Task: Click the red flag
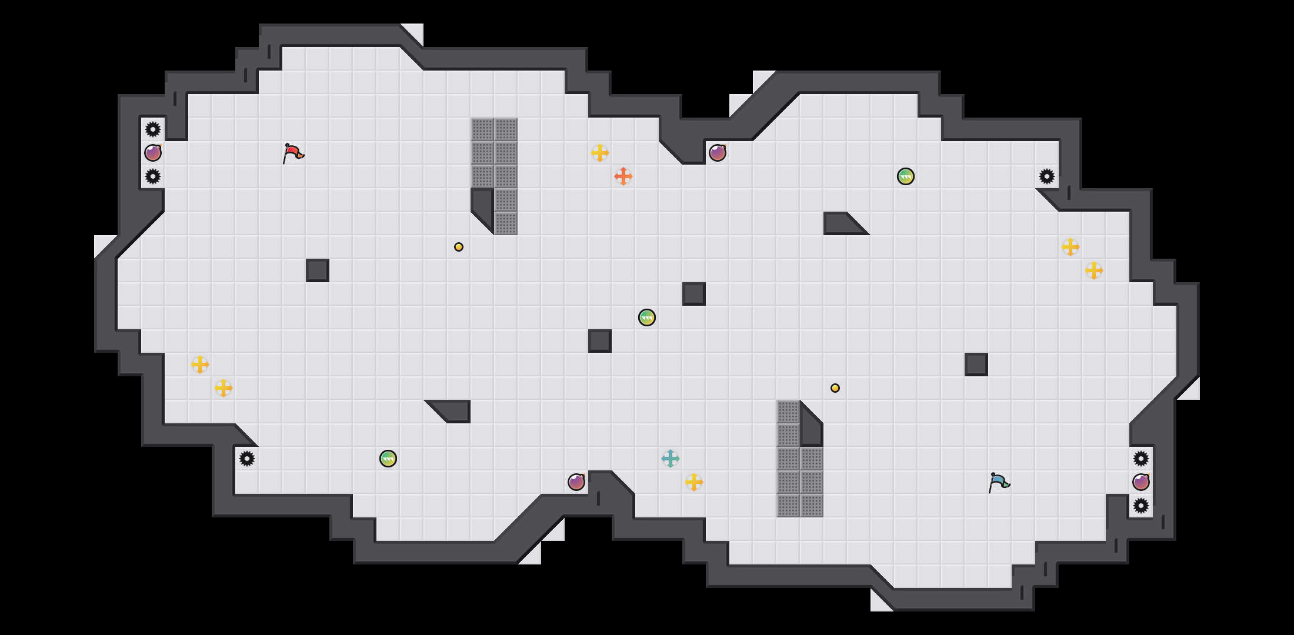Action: click(x=292, y=153)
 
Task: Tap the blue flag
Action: click(x=998, y=482)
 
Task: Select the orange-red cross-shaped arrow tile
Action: click(x=623, y=176)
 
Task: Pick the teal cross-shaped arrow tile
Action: click(x=671, y=459)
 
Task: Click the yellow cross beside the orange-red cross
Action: click(x=600, y=153)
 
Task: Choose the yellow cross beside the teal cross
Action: click(x=694, y=482)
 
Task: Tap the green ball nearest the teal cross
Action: click(x=647, y=317)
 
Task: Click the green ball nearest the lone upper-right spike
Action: click(x=906, y=176)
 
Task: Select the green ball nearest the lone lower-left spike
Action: click(x=388, y=459)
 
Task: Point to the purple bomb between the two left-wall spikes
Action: click(x=153, y=153)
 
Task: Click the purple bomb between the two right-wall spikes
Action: click(x=1141, y=482)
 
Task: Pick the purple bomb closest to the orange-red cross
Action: click(x=718, y=153)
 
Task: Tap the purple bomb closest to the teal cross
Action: click(x=576, y=482)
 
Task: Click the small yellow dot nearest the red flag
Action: click(x=459, y=247)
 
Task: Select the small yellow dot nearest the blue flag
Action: click(x=835, y=388)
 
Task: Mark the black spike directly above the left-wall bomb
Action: click(x=153, y=129)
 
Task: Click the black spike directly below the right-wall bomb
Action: click(x=1141, y=506)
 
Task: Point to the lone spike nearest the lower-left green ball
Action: click(x=247, y=459)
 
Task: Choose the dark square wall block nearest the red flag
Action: click(x=318, y=270)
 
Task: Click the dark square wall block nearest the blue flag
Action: click(x=976, y=365)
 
